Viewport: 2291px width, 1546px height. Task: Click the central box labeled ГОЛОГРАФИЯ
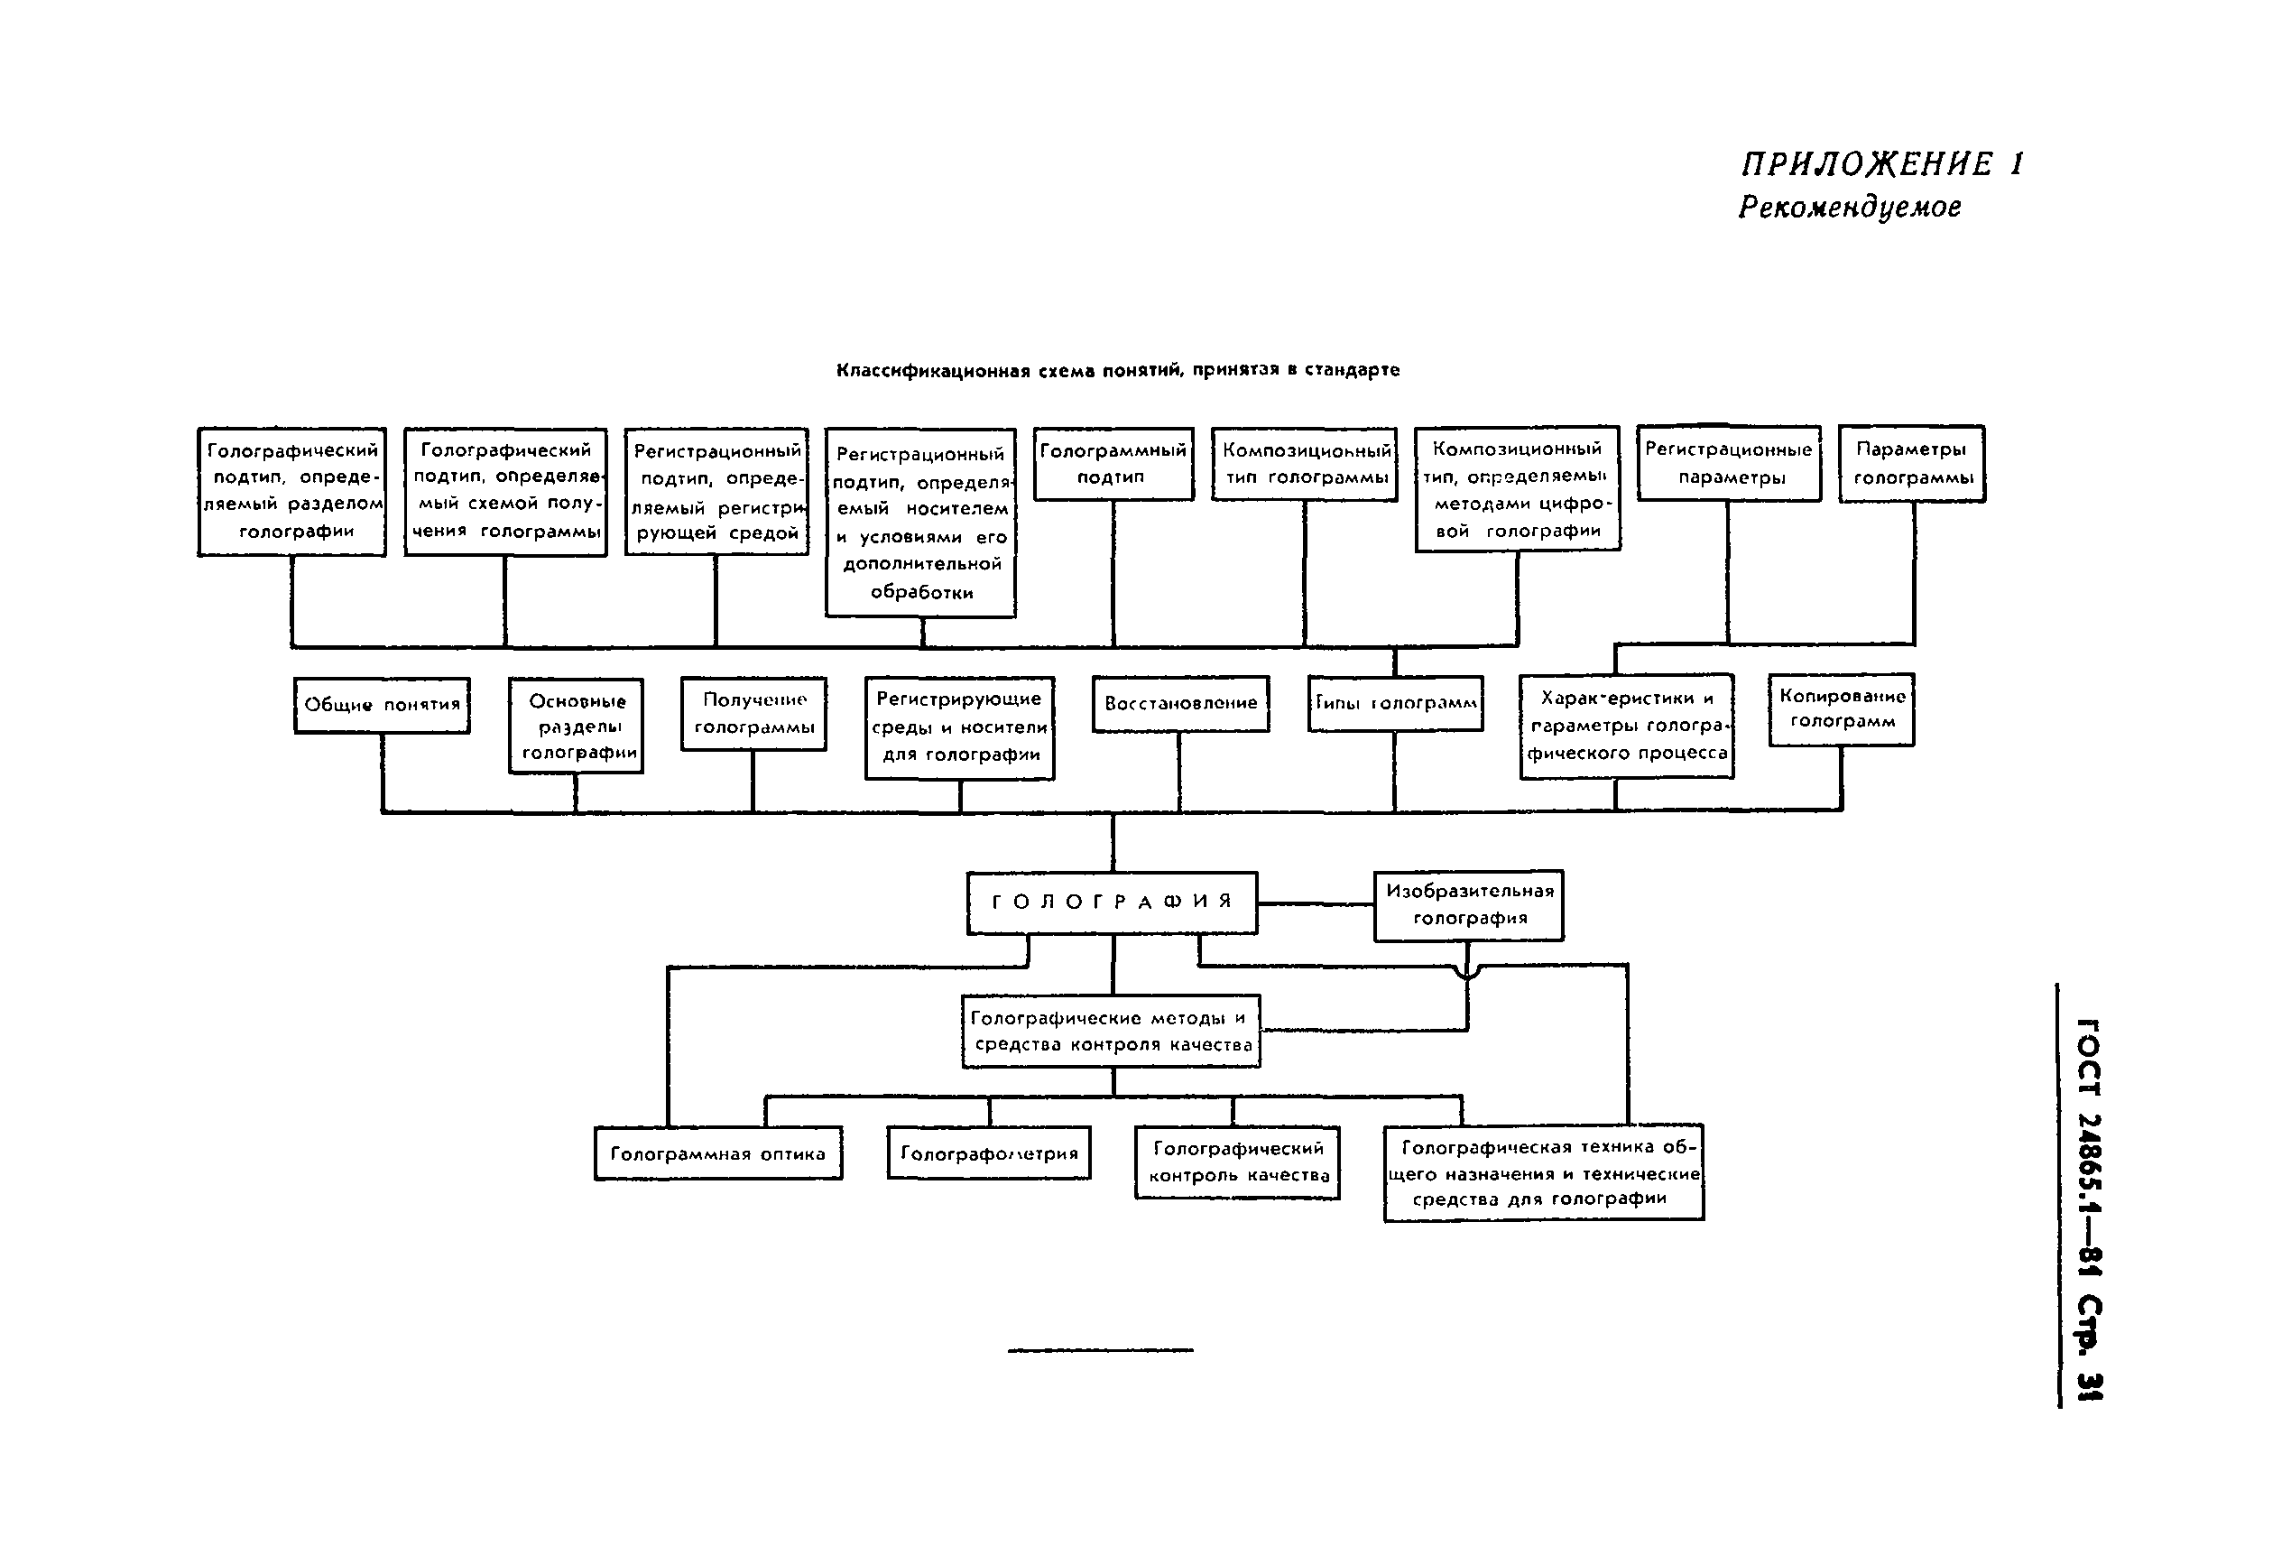(x=1111, y=903)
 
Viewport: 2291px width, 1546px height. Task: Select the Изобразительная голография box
(x=1468, y=905)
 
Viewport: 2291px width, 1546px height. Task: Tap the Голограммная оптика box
(x=717, y=1153)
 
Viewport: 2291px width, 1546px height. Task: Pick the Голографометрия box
(x=989, y=1153)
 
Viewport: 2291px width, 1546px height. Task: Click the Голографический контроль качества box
(x=1237, y=1162)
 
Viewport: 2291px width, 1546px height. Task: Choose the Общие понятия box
(x=382, y=705)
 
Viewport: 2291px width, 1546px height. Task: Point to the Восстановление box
(x=1180, y=703)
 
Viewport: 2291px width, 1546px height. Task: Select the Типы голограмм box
(x=1395, y=703)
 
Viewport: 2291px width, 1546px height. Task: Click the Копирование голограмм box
(x=1841, y=708)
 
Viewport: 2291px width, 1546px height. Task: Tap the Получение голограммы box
(x=753, y=714)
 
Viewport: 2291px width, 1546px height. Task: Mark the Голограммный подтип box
(x=1113, y=463)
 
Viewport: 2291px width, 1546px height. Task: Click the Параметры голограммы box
(x=1911, y=463)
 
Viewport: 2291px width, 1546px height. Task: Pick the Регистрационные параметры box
(x=1728, y=463)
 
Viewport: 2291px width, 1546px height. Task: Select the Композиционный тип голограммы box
(x=1304, y=463)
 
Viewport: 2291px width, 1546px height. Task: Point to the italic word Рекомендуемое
(x=1850, y=207)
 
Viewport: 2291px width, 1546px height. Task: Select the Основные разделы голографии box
(x=577, y=727)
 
